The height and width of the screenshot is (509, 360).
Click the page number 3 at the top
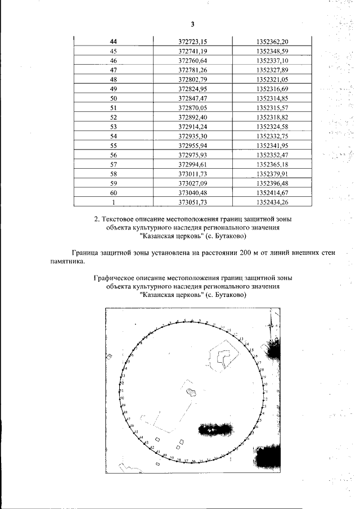[x=192, y=24]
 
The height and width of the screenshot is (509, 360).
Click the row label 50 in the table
[x=114, y=98]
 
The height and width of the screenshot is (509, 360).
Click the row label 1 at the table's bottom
[x=114, y=202]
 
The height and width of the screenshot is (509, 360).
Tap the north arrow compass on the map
[x=272, y=326]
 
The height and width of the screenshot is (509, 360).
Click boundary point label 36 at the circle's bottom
[x=193, y=462]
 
